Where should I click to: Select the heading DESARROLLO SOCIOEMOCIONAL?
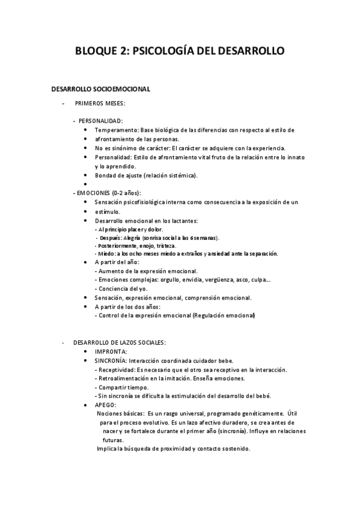click(100, 89)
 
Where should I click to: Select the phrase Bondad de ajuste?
click(118, 176)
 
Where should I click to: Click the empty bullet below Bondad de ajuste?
click(87, 185)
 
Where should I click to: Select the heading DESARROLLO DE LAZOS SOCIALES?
click(115, 342)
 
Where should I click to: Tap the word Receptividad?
click(117, 369)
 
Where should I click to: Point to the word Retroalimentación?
click(123, 378)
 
